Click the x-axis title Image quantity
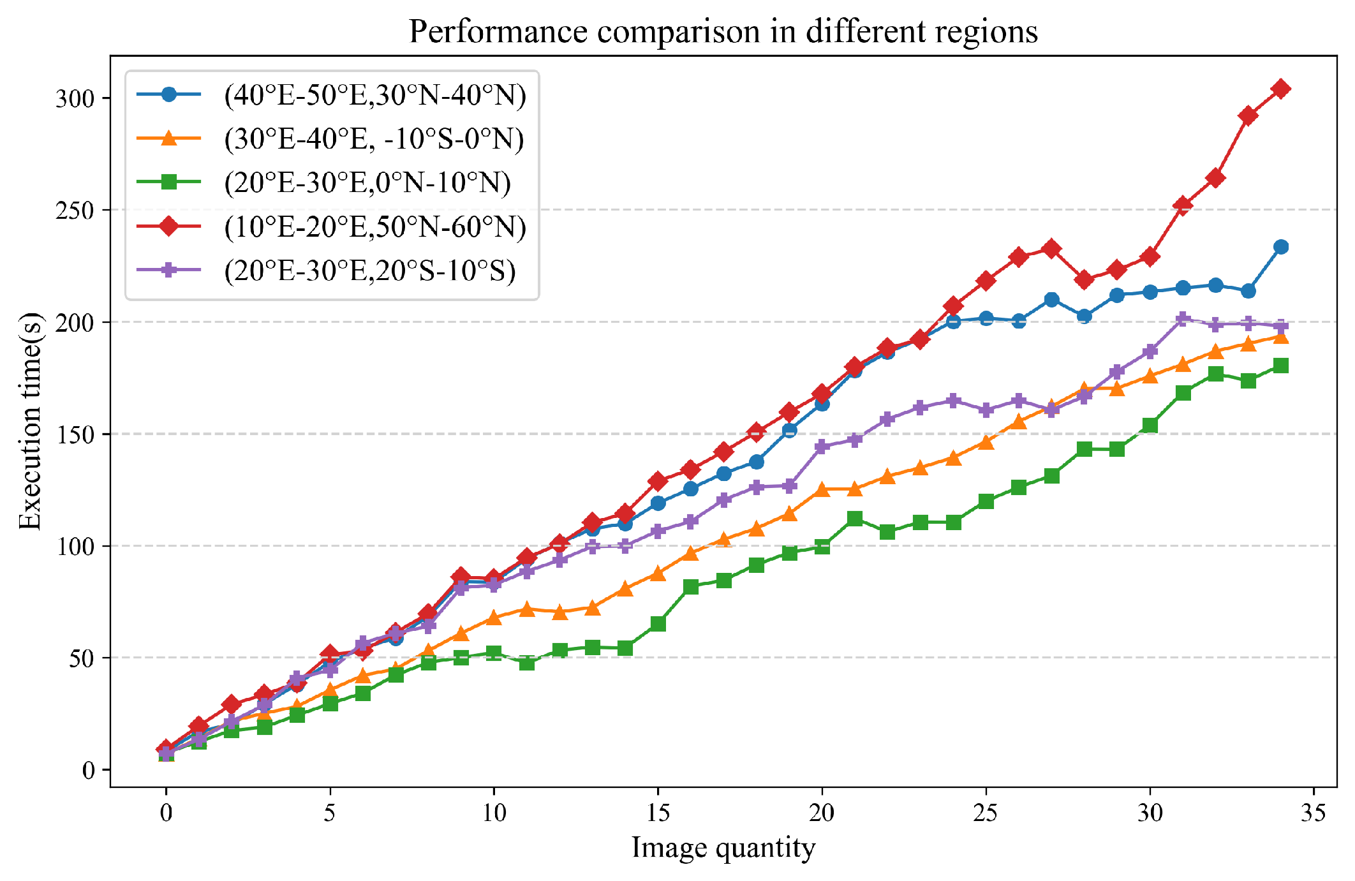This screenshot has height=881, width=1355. pyautogui.click(x=723, y=848)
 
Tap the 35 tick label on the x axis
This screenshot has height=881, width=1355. pyautogui.click(x=1314, y=813)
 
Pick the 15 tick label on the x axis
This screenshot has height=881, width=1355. pyautogui.click(x=658, y=813)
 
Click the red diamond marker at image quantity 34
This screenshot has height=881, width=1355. pyautogui.click(x=1280, y=89)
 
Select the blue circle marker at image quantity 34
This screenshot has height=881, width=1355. pyautogui.click(x=1280, y=247)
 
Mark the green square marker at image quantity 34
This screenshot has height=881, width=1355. pyautogui.click(x=1280, y=366)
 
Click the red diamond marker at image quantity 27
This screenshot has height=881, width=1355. pyautogui.click(x=1051, y=249)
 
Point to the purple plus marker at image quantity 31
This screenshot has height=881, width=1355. pyautogui.click(x=1183, y=320)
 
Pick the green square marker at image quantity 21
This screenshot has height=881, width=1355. pyautogui.click(x=855, y=519)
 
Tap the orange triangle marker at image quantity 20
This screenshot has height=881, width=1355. pyautogui.click(x=822, y=489)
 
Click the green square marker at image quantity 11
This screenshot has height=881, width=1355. pyautogui.click(x=527, y=663)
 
